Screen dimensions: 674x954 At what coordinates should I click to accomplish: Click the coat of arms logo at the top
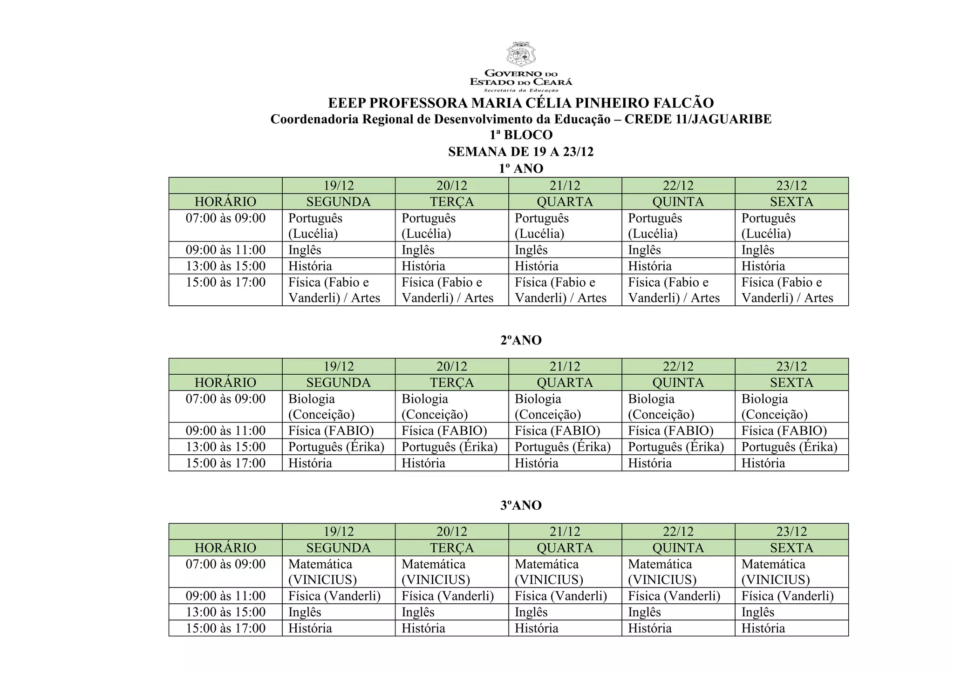pyautogui.click(x=521, y=54)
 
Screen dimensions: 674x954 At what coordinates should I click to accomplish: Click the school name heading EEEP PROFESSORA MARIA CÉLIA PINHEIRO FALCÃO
pyautogui.click(x=521, y=103)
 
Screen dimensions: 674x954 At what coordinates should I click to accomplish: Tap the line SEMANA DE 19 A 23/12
pyautogui.click(x=521, y=152)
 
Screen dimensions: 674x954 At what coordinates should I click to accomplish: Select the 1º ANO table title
pyautogui.click(x=521, y=168)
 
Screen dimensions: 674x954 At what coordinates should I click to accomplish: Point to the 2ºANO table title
pyautogui.click(x=521, y=340)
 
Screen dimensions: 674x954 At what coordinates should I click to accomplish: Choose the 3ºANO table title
pyautogui.click(x=521, y=505)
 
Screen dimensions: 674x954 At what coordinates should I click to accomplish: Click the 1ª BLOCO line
pyautogui.click(x=521, y=135)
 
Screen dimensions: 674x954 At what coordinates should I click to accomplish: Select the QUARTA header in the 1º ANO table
pyautogui.click(x=565, y=202)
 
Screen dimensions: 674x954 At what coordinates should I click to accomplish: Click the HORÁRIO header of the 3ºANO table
pyautogui.click(x=225, y=548)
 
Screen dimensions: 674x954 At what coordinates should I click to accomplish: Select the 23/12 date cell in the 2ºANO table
pyautogui.click(x=791, y=366)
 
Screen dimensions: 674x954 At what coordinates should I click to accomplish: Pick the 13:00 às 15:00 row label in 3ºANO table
pyautogui.click(x=225, y=612)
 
